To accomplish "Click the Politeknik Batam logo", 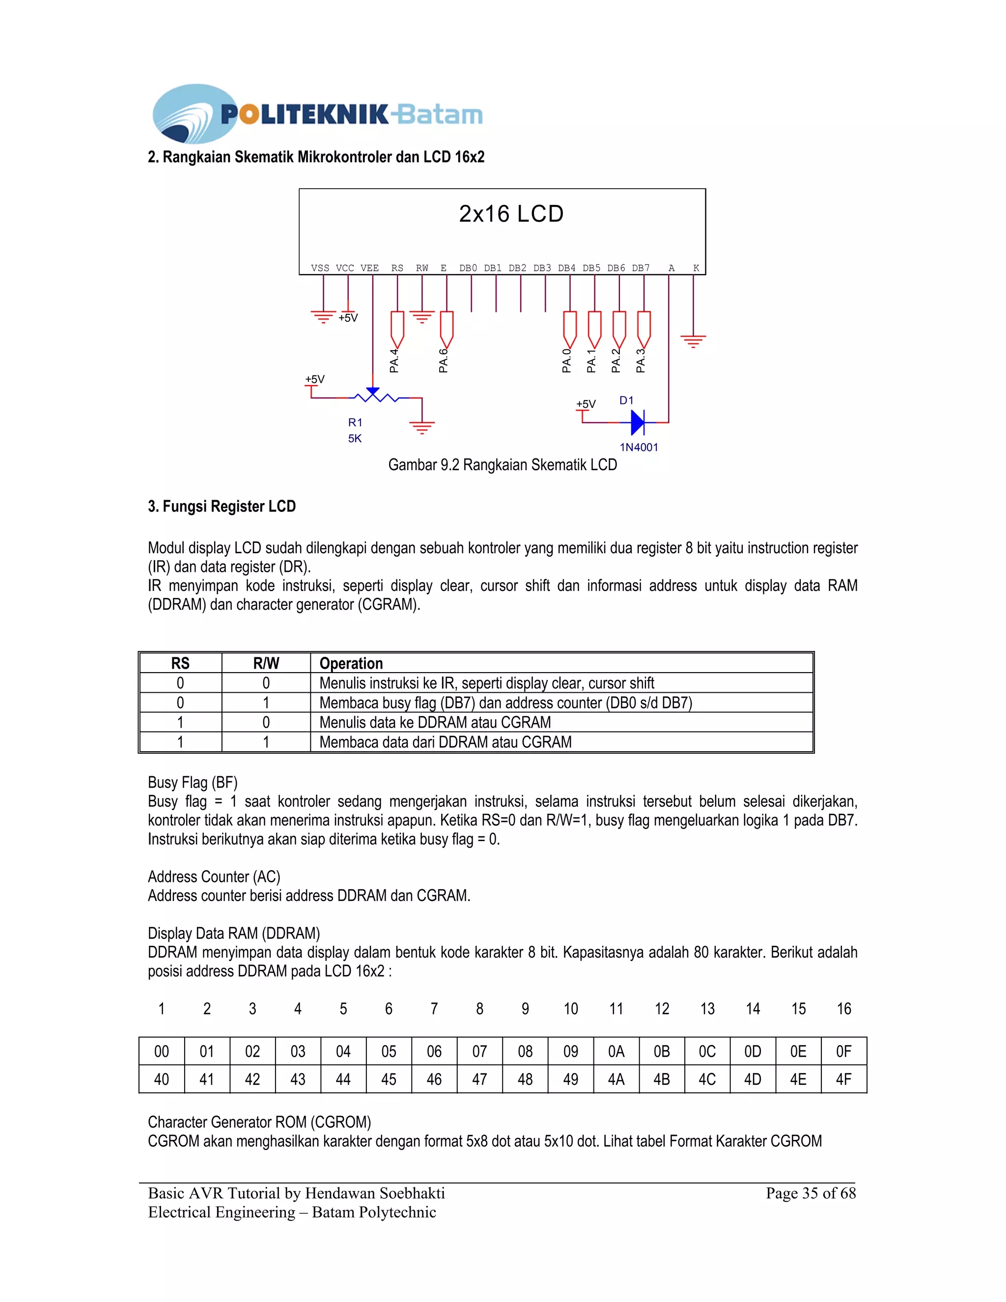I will (x=317, y=113).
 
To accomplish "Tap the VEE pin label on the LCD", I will (x=369, y=268).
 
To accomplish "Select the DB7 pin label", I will (x=641, y=268).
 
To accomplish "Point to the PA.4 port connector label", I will (x=394, y=361).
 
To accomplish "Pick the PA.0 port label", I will (x=567, y=361).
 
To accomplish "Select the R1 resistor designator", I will (x=355, y=423).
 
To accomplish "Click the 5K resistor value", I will (x=355, y=439).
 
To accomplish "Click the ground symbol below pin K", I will (x=693, y=341).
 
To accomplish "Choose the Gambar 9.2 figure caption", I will (x=503, y=465).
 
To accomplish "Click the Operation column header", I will (x=351, y=663).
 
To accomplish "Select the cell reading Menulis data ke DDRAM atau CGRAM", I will (x=435, y=723).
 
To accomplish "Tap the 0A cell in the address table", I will (x=616, y=1051).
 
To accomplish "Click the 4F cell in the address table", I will (x=843, y=1079).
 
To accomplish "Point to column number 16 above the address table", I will (x=843, y=1009).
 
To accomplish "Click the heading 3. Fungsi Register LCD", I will (x=222, y=507).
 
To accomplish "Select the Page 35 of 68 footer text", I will (x=810, y=1193).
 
